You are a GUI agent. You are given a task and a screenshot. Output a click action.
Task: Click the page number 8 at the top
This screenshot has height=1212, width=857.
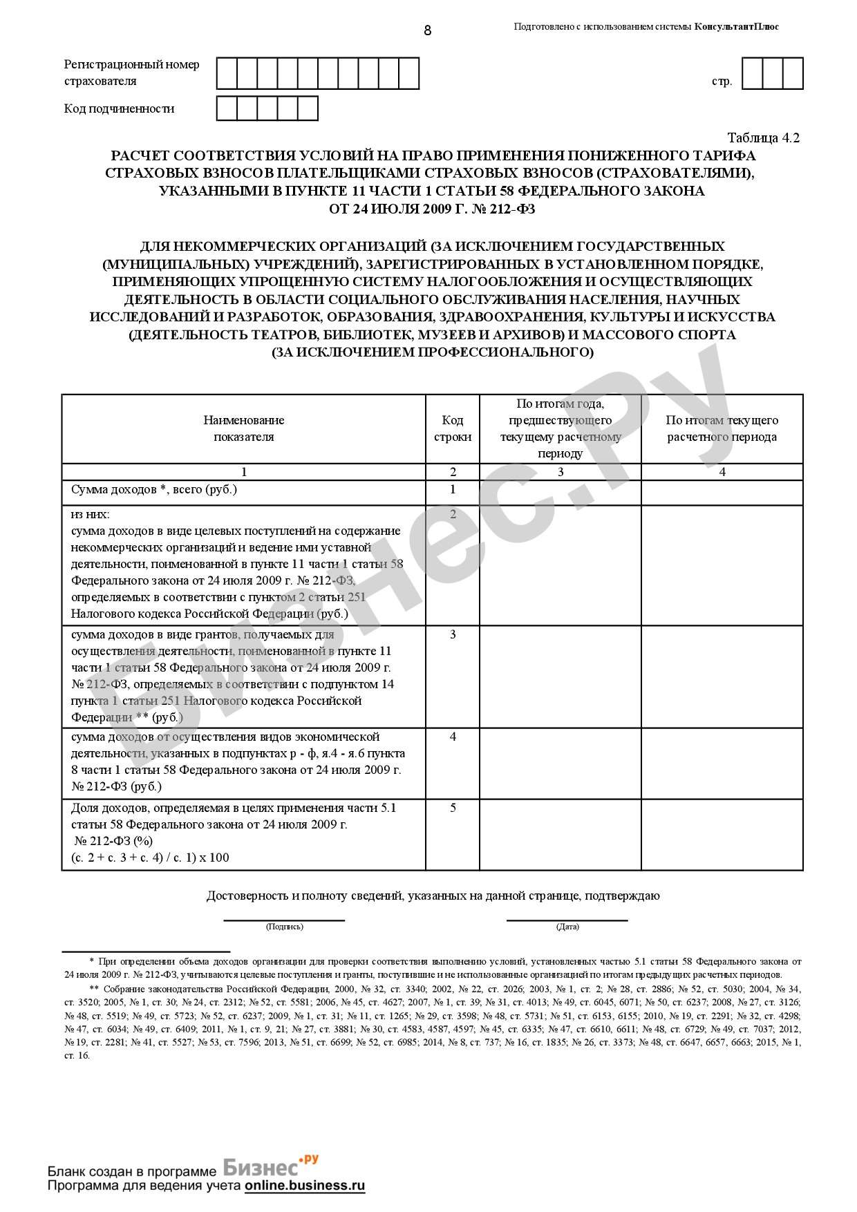pyautogui.click(x=427, y=30)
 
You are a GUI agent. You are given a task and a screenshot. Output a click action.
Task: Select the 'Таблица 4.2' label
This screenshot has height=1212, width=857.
pyautogui.click(x=763, y=138)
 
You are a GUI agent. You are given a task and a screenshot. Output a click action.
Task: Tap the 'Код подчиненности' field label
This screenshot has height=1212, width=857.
pyautogui.click(x=119, y=108)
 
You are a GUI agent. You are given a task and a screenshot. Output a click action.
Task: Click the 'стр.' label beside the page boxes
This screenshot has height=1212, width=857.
pyautogui.click(x=722, y=82)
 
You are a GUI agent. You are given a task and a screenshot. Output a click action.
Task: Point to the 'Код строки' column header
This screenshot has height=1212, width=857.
pyautogui.click(x=453, y=428)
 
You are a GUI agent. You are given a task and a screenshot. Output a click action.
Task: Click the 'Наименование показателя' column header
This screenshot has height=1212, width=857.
pyautogui.click(x=243, y=428)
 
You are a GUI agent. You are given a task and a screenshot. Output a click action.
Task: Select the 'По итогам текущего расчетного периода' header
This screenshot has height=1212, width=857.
pyautogui.click(x=722, y=428)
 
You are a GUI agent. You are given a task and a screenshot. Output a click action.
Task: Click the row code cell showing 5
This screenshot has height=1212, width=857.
pyautogui.click(x=453, y=808)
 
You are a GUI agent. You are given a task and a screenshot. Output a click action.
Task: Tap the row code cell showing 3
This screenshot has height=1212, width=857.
pyautogui.click(x=453, y=634)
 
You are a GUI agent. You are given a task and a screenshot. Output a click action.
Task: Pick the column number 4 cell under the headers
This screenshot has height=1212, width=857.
pyautogui.click(x=722, y=472)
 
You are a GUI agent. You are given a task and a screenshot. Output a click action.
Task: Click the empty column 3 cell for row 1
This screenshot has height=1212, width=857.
pyautogui.click(x=560, y=492)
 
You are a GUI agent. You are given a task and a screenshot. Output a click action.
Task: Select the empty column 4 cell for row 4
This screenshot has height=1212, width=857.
pyautogui.click(x=722, y=762)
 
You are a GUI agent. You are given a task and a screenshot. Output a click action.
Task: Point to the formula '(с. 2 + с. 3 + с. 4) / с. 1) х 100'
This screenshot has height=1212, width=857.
pyautogui.click(x=150, y=858)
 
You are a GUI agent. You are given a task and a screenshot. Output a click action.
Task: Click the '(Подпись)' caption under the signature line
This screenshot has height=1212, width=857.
pyautogui.click(x=284, y=927)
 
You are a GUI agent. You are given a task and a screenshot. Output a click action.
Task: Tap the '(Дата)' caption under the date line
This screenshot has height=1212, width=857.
pyautogui.click(x=567, y=927)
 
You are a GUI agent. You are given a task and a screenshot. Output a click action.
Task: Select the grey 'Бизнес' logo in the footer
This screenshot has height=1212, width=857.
pyautogui.click(x=263, y=1167)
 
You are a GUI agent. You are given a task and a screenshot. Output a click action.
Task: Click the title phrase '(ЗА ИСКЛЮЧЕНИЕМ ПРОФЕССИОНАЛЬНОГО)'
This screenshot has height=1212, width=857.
pyautogui.click(x=432, y=352)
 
